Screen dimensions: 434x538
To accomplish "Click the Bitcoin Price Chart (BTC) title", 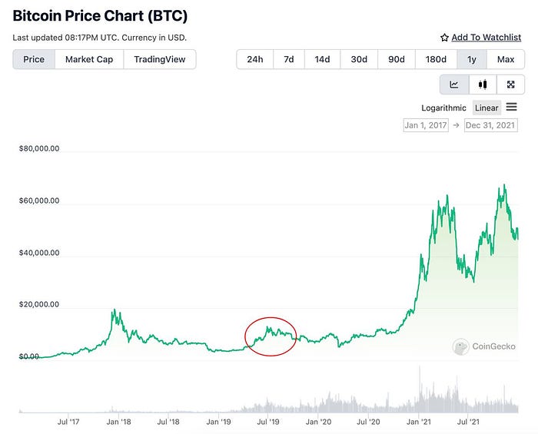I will pos(100,15).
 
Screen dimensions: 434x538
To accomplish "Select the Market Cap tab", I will pos(90,59).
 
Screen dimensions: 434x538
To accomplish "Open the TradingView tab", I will pos(160,59).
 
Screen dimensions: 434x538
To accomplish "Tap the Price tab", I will pos(34,59).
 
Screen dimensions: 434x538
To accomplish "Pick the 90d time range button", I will pos(397,59).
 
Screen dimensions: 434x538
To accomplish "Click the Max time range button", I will pos(506,59).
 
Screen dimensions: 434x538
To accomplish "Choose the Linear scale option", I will pos(487,108).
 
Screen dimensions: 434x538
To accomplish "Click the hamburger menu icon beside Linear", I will pos(512,107).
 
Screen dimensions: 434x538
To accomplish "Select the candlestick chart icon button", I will pos(483,84).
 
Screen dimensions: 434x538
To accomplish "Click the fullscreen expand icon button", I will pos(510,84).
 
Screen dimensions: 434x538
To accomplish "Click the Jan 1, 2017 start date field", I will pos(425,125).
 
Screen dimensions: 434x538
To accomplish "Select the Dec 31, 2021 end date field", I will pos(490,125).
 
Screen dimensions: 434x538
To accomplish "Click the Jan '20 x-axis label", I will pos(319,422).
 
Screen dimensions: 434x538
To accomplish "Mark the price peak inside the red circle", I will pos(269,327).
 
